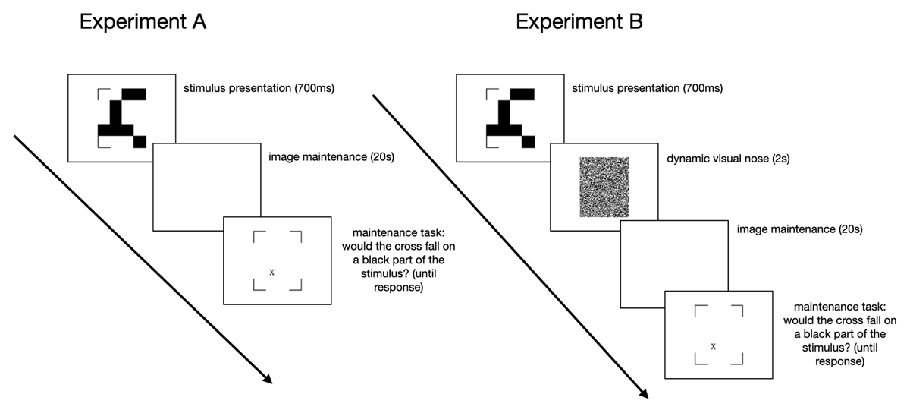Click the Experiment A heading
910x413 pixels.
click(143, 22)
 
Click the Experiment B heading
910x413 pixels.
click(579, 22)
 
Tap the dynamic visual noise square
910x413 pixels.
click(604, 187)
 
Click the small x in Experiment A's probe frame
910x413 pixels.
click(271, 272)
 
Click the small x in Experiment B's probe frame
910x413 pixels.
click(713, 346)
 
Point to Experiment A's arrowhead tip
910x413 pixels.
click(271, 383)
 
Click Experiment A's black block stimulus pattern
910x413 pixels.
click(121, 118)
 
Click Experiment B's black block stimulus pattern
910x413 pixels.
click(510, 118)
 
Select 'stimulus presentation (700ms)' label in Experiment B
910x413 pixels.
click(648, 89)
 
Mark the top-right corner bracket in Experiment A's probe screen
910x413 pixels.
click(300, 237)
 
